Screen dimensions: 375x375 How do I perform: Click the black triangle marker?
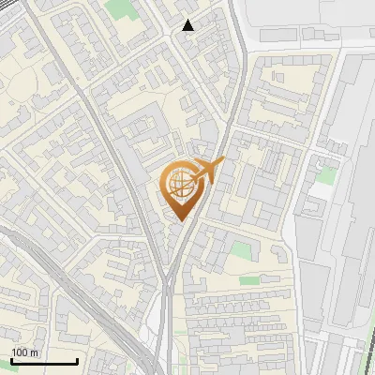[x=188, y=25]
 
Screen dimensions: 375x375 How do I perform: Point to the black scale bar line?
[x=44, y=361]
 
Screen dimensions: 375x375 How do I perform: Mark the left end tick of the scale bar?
[x=11, y=359]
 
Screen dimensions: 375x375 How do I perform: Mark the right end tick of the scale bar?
[x=77, y=359]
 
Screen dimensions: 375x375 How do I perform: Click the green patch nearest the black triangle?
[x=119, y=10]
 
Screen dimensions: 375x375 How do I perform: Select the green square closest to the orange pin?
[x=241, y=251]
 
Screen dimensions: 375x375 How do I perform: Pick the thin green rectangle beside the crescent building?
[x=248, y=279]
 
